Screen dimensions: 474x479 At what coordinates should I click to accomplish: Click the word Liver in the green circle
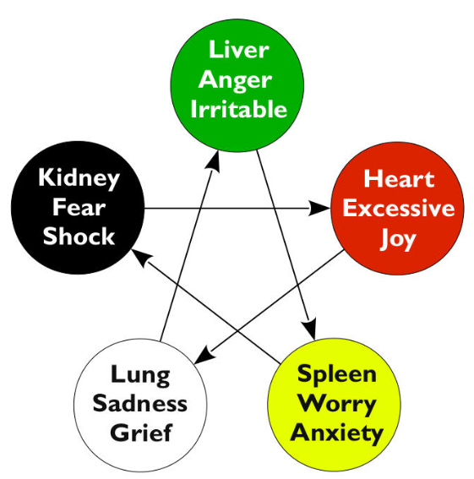pos(238,50)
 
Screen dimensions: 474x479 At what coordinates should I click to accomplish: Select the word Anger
pos(236,80)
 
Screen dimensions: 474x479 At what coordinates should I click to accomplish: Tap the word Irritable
pos(238,108)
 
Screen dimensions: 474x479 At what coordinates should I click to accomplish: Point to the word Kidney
pos(79,178)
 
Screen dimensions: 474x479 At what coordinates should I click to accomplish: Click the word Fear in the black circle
pos(79,208)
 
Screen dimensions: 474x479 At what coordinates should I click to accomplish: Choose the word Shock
pos(79,237)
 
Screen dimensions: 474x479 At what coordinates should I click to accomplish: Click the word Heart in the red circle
pos(399,179)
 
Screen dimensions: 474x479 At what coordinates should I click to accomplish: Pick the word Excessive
pos(399,208)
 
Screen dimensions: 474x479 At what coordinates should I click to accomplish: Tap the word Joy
pos(398,239)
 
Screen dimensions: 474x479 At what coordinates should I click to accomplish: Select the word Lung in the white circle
pos(140,376)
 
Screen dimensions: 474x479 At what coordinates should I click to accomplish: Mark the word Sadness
pos(140,403)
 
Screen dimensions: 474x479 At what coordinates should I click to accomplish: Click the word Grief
pos(141,433)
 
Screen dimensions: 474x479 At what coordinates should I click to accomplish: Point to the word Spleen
pos(337,374)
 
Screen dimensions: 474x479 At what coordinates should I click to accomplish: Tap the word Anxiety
pos(337,433)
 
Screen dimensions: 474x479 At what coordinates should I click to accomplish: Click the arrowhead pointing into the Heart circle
pos(319,209)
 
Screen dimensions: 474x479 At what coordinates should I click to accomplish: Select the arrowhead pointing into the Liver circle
pos(214,161)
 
